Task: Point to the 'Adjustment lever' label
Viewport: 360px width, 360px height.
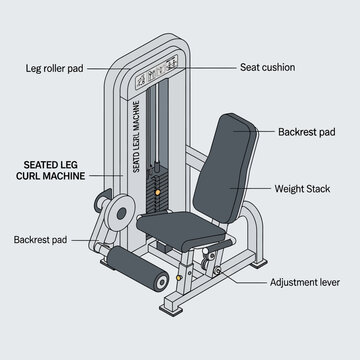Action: [306, 283]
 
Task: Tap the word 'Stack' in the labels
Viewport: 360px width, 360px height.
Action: [323, 188]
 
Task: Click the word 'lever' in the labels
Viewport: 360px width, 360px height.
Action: [328, 283]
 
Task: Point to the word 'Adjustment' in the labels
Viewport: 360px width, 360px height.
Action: [293, 283]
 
